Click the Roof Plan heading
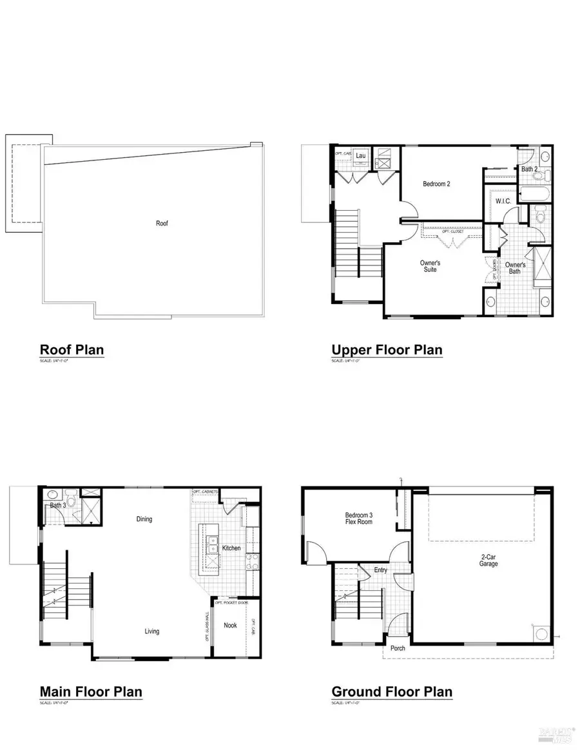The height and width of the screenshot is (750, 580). tap(72, 350)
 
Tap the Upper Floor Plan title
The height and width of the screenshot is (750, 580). tap(387, 350)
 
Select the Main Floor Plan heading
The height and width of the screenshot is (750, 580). tap(91, 692)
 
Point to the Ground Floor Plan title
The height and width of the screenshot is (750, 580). tap(392, 692)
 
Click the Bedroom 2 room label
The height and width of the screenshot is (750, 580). tap(436, 184)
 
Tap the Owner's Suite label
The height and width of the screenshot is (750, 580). tap(430, 266)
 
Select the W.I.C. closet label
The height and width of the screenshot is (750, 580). tap(503, 202)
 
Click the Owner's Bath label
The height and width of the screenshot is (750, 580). tap(515, 269)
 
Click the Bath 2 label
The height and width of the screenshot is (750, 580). tap(529, 169)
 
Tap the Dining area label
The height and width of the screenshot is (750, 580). tap(144, 519)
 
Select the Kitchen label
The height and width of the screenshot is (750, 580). tap(231, 548)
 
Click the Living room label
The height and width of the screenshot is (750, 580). tap(152, 631)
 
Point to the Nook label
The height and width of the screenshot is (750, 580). tap(230, 625)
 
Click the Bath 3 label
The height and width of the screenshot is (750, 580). tap(58, 505)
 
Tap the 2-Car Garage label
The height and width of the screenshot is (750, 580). tap(488, 559)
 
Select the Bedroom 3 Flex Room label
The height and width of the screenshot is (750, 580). tap(359, 519)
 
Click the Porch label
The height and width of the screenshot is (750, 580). tap(398, 648)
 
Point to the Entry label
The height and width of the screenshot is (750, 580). tap(380, 570)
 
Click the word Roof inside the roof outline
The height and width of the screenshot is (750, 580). tap(162, 224)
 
